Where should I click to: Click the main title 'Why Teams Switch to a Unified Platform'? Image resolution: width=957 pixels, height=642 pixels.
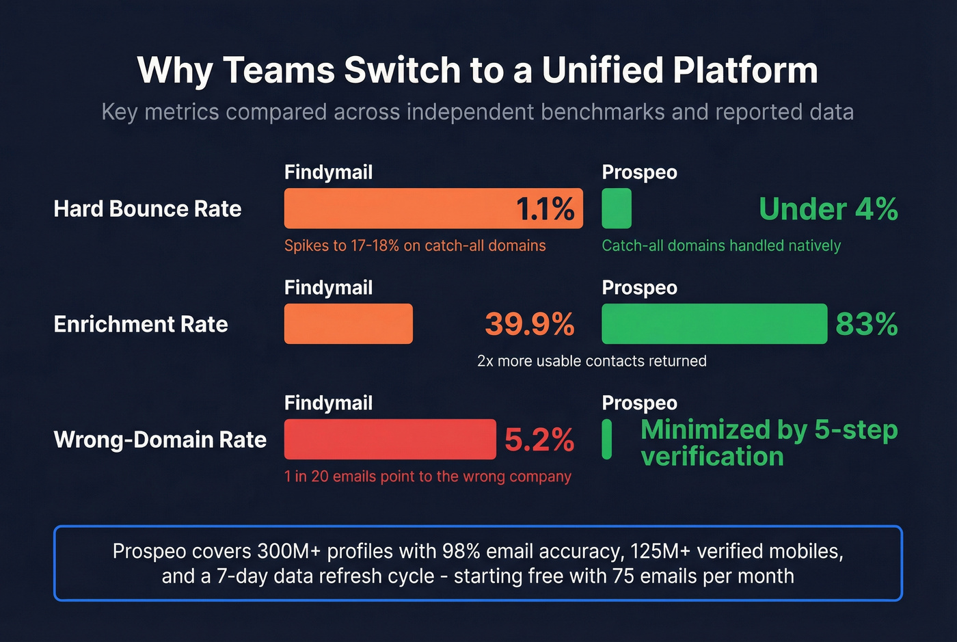(x=477, y=70)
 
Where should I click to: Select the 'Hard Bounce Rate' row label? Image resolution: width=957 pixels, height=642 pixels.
(x=147, y=209)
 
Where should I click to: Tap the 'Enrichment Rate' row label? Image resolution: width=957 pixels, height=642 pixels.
(x=140, y=324)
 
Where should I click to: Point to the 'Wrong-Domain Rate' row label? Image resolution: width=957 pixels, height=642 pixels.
(x=159, y=440)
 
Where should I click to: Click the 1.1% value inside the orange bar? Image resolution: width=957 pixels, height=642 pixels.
(x=544, y=209)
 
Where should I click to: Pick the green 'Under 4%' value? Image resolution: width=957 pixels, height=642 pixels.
(x=828, y=209)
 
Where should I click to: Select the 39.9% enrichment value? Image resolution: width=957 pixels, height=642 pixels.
(x=529, y=324)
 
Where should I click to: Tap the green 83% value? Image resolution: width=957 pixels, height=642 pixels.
(x=866, y=324)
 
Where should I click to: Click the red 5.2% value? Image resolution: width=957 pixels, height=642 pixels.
(x=539, y=440)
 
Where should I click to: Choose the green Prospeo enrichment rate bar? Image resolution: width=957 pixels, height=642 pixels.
(x=714, y=324)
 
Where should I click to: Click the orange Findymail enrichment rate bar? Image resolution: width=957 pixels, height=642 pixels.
(x=348, y=324)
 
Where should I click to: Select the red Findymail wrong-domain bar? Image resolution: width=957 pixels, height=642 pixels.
(x=390, y=440)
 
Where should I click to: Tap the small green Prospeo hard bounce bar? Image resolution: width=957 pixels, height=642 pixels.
(x=616, y=209)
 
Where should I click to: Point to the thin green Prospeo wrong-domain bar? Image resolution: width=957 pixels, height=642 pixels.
(x=606, y=440)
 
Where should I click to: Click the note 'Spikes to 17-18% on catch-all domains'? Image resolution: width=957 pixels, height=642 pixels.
(x=414, y=246)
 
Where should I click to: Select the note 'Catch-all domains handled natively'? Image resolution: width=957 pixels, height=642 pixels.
(x=720, y=246)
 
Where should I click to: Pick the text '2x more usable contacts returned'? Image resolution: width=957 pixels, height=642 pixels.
(x=591, y=361)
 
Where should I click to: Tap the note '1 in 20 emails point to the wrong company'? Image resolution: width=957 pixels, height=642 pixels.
(x=427, y=477)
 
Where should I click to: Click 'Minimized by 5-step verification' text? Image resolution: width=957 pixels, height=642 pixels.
(x=768, y=443)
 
